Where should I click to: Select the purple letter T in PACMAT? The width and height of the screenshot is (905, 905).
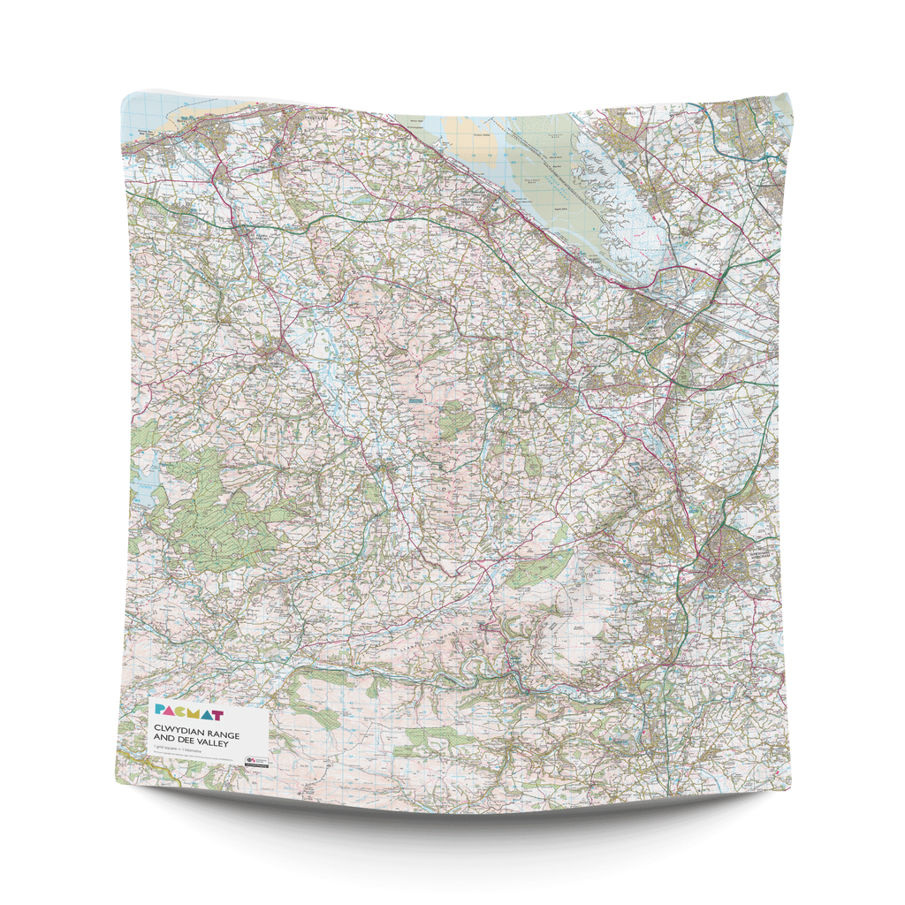click(x=217, y=712)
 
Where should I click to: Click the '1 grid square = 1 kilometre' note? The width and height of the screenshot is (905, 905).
click(x=177, y=753)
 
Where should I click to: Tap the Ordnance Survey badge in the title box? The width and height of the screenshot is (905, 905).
click(x=257, y=759)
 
